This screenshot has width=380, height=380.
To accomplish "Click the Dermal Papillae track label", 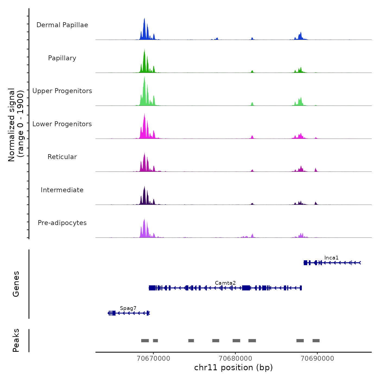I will click(62, 25).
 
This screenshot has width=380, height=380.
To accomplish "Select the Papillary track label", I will click(62, 58).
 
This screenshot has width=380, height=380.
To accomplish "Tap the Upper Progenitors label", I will click(62, 91).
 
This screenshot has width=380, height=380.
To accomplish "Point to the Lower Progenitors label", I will click(62, 124).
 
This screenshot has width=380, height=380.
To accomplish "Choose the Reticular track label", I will click(62, 157).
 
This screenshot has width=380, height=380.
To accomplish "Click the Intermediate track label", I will click(62, 190).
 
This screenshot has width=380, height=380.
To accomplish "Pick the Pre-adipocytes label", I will click(62, 223).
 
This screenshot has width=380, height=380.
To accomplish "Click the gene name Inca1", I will click(331, 258).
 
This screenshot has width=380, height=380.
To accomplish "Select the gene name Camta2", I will click(225, 283).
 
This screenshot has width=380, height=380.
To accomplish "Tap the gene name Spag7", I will click(128, 308).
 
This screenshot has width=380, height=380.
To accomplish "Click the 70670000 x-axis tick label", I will click(154, 359).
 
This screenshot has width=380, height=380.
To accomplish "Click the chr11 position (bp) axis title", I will click(233, 368).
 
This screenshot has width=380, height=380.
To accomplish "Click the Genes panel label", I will click(16, 284).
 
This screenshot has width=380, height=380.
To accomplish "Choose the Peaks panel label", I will click(16, 340).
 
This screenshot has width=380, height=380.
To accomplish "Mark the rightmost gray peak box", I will click(316, 341).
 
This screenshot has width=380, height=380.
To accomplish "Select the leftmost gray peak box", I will click(145, 341).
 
